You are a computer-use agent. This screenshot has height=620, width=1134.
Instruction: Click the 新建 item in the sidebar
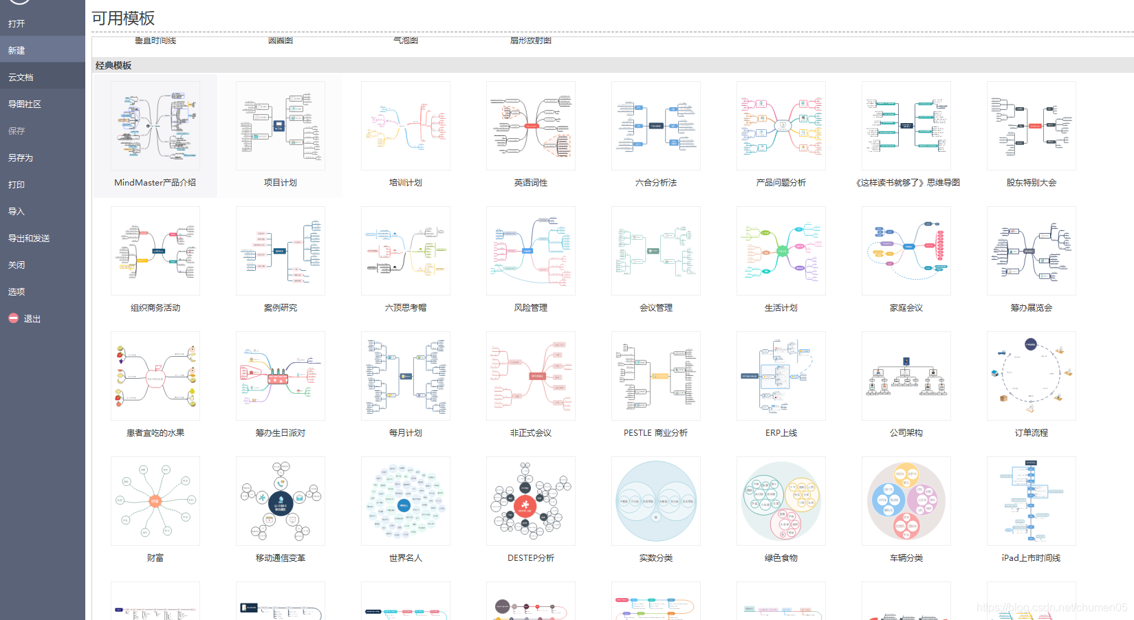(17, 50)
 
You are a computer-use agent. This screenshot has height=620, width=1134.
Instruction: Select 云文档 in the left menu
(21, 77)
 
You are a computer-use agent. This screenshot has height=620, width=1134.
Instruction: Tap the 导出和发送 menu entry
(29, 238)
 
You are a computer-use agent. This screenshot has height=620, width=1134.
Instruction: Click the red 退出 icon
(13, 318)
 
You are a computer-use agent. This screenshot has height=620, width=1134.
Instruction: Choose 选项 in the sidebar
(17, 291)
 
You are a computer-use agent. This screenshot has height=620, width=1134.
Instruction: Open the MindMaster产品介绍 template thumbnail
(155, 126)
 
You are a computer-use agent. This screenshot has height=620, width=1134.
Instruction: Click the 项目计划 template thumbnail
(281, 126)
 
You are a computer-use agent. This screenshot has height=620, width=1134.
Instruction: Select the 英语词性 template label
(531, 183)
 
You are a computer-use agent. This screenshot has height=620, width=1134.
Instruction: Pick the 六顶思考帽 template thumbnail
(406, 251)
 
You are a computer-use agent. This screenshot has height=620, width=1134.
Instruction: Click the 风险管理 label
(531, 308)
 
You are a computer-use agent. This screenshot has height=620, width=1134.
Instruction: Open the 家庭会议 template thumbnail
(906, 251)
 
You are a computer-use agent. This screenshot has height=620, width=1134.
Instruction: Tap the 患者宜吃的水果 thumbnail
(155, 376)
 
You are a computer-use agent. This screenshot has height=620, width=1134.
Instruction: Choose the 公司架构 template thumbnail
(906, 376)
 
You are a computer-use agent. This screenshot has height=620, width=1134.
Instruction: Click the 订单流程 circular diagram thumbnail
(1032, 376)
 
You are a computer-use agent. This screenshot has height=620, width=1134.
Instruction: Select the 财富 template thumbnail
(155, 501)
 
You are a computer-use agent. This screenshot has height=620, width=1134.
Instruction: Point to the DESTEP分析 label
(531, 558)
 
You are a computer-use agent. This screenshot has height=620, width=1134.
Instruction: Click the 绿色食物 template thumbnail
(781, 501)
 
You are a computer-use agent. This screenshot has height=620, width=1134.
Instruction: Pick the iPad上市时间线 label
(1032, 558)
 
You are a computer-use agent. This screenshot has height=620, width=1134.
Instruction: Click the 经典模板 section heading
(113, 65)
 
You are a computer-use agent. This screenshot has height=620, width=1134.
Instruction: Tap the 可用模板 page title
(124, 19)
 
